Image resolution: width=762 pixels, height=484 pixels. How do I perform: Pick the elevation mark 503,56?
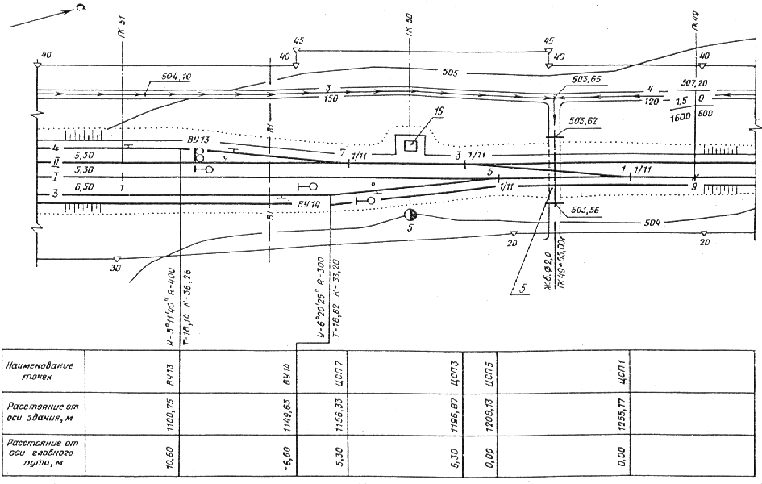coord(585,210)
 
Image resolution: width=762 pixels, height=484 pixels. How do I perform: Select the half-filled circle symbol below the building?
coord(410,215)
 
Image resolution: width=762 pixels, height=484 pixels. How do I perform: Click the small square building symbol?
coord(410,145)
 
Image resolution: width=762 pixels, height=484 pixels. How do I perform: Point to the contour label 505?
coord(451,72)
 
